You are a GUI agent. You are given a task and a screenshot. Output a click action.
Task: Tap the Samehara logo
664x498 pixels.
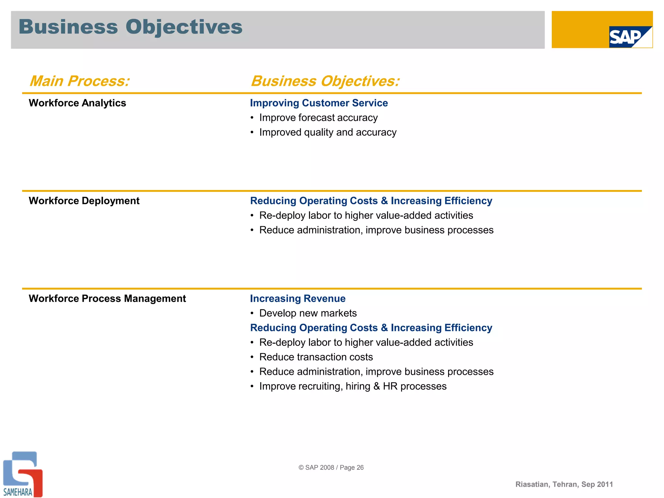coord(22,474)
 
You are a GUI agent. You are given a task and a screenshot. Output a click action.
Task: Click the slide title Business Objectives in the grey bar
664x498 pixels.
coord(130,27)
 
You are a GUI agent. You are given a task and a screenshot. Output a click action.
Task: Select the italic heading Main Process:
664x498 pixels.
coord(79,81)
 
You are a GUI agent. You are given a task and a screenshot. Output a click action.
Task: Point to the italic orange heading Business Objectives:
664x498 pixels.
coord(325,81)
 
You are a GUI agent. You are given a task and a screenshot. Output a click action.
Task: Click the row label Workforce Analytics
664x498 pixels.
coord(77,103)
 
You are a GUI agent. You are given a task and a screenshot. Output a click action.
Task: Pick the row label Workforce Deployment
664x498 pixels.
coord(84,201)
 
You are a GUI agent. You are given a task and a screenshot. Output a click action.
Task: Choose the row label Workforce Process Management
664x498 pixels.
coord(107,299)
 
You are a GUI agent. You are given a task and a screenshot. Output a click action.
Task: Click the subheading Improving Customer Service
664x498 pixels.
coord(319,103)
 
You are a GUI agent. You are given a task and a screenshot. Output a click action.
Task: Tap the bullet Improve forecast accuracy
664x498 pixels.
coord(318,118)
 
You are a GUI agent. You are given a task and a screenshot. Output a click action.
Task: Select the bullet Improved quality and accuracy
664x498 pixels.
coord(327,132)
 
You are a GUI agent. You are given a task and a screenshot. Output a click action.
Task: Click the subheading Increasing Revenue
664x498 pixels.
coord(297,299)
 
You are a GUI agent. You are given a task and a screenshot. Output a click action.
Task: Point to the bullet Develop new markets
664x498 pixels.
coord(308,313)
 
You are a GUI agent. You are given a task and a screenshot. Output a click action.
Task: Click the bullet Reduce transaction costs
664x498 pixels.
coord(316,357)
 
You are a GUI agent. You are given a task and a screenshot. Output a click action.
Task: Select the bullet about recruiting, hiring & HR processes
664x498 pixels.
coord(352,386)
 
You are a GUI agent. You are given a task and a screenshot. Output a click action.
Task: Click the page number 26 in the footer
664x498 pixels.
coord(360,468)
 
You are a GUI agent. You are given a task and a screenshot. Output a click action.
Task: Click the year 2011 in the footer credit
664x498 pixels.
coord(605,484)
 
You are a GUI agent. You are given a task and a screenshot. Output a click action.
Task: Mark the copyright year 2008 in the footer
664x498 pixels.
coord(327,468)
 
